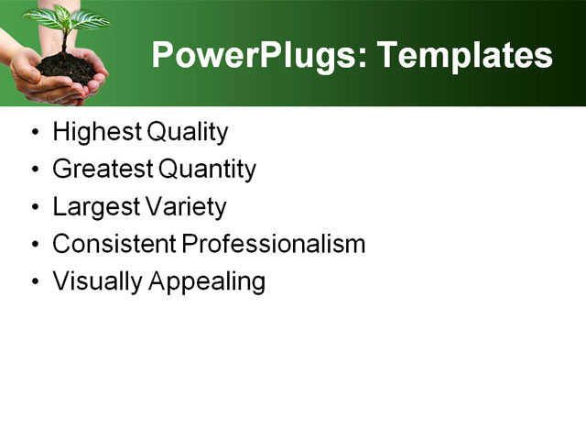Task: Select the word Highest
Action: pyautogui.click(x=95, y=133)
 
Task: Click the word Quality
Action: pyautogui.click(x=186, y=133)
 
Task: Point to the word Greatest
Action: pyautogui.click(x=103, y=170)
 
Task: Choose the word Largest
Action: pyautogui.click(x=96, y=207)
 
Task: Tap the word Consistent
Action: pyautogui.click(x=114, y=245)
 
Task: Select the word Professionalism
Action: pyautogui.click(x=274, y=245)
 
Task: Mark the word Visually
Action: pyautogui.click(x=94, y=281)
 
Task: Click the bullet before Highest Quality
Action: pyautogui.click(x=35, y=133)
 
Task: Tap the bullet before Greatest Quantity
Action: pyautogui.click(x=35, y=170)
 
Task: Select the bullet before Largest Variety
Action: pyautogui.click(x=35, y=207)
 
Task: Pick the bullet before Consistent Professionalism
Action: pyautogui.click(x=35, y=245)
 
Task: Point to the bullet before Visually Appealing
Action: pyautogui.click(x=35, y=281)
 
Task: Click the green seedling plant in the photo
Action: pyautogui.click(x=66, y=22)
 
